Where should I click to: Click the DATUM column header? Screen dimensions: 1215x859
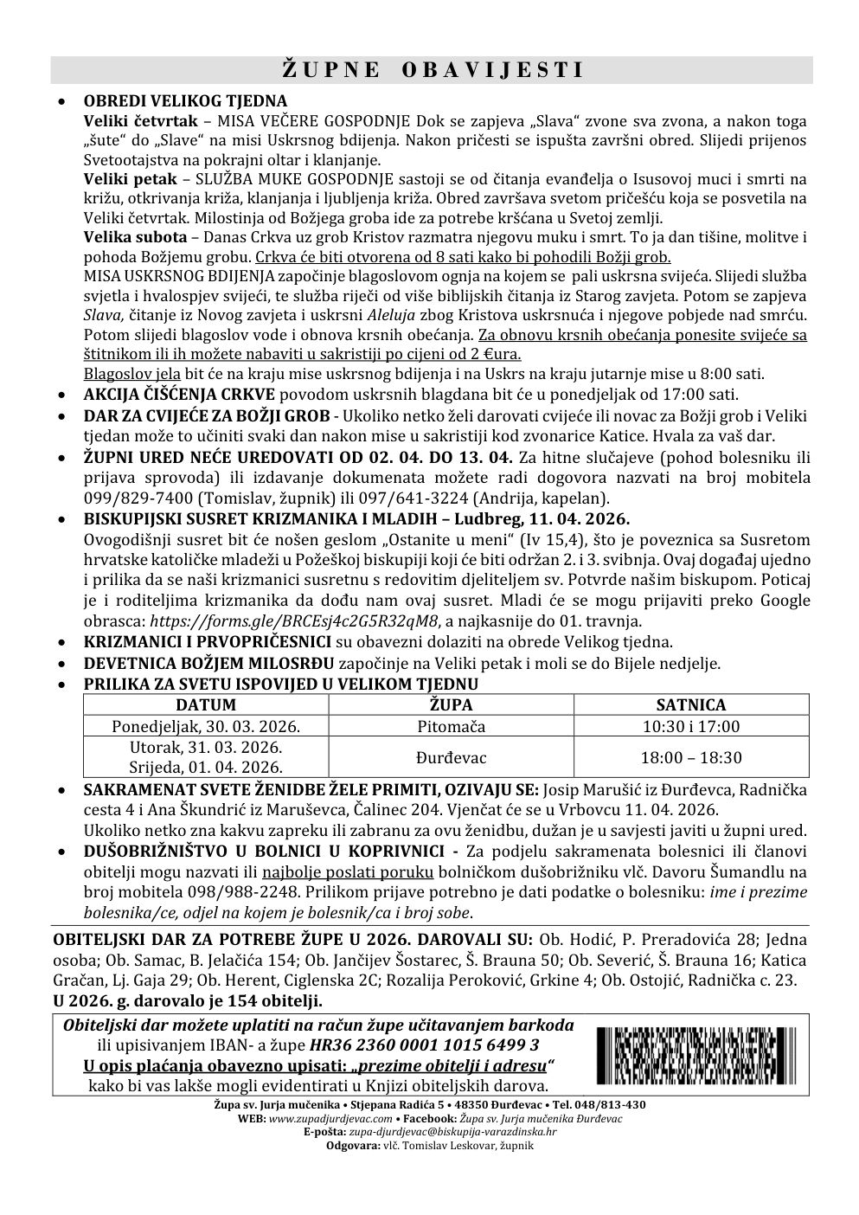206,704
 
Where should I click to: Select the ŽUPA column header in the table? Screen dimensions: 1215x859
451,704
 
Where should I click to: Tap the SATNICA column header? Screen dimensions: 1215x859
690,704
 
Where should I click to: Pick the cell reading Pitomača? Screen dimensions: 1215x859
451,726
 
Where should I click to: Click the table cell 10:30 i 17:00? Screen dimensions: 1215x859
690,726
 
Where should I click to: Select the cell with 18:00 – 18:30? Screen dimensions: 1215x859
690,757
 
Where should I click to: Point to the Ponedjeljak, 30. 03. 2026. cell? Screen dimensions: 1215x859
206,726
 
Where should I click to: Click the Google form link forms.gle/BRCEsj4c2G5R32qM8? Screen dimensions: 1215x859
295,620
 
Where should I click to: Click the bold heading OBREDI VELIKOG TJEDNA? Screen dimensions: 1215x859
185,101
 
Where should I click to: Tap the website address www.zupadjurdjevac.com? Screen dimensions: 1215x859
319,1118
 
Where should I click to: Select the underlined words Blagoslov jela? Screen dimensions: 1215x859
131,374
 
